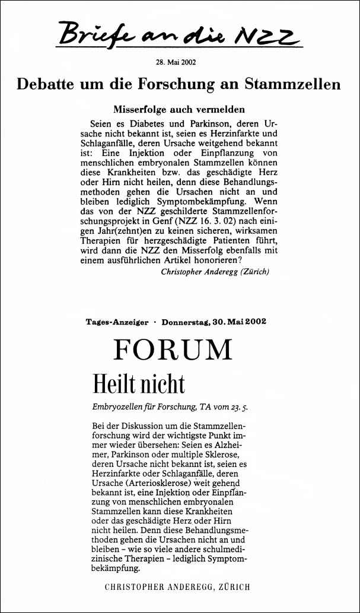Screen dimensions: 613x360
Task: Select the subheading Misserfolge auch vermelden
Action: [x=179, y=110]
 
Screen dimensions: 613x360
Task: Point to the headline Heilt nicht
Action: [x=139, y=385]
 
